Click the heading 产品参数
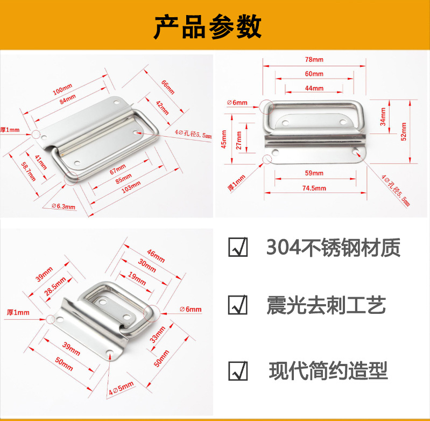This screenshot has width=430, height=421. tap(208, 27)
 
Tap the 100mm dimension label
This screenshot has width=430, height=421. tap(62, 89)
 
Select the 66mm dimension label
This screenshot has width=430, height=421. tap(168, 87)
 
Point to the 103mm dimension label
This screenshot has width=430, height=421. tap(131, 187)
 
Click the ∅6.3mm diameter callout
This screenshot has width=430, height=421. tap(64, 206)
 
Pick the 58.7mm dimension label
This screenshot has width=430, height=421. tap(29, 172)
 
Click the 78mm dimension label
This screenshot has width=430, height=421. tap(314, 60)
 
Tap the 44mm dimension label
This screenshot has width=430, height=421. tap(314, 88)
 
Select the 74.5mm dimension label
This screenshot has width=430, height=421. tap(314, 188)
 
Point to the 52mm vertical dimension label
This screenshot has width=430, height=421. tap(404, 132)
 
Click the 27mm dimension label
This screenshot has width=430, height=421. tap(239, 140)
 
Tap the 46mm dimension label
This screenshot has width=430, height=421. tap(156, 256)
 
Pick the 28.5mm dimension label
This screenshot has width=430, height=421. tap(55, 286)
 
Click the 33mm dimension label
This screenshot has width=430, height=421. tap(157, 335)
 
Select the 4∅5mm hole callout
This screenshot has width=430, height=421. tap(121, 388)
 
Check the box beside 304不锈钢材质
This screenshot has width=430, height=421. tap(238, 247)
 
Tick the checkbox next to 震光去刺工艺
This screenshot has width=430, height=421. tap(238, 305)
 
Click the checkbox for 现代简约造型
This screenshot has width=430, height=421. tap(238, 371)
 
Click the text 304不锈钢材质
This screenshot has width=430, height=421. tap(333, 248)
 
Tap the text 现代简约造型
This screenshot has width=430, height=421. tap(328, 371)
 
